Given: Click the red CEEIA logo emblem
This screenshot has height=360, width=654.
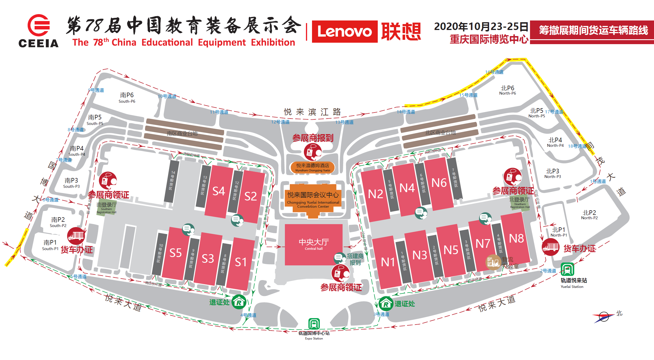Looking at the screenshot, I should click(x=39, y=25).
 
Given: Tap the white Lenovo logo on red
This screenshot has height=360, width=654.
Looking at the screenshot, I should click(x=345, y=31).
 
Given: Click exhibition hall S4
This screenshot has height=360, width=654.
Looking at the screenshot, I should click(x=219, y=191).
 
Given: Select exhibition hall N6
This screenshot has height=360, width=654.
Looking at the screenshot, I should click(x=439, y=183).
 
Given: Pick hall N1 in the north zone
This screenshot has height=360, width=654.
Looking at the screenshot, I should click(x=388, y=262).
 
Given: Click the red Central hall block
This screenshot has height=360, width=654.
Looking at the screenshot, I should click(x=313, y=244).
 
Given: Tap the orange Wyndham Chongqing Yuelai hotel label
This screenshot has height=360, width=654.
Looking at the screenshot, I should click(x=313, y=167).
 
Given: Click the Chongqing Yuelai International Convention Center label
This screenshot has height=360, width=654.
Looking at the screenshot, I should click(x=313, y=199).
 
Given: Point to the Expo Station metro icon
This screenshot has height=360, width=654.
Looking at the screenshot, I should click(x=314, y=324).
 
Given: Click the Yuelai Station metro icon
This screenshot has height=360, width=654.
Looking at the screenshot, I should click(x=567, y=269).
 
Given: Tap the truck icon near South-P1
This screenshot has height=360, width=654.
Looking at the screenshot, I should click(x=76, y=236).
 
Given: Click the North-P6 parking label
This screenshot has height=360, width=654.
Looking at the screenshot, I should click(x=508, y=90).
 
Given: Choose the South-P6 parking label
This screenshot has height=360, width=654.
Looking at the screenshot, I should click(x=127, y=97).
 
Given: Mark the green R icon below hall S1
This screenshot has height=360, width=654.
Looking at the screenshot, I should click(x=239, y=302).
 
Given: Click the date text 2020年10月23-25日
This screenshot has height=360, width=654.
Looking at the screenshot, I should click(x=481, y=27).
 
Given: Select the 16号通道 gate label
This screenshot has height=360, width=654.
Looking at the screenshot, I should click(x=494, y=72).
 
